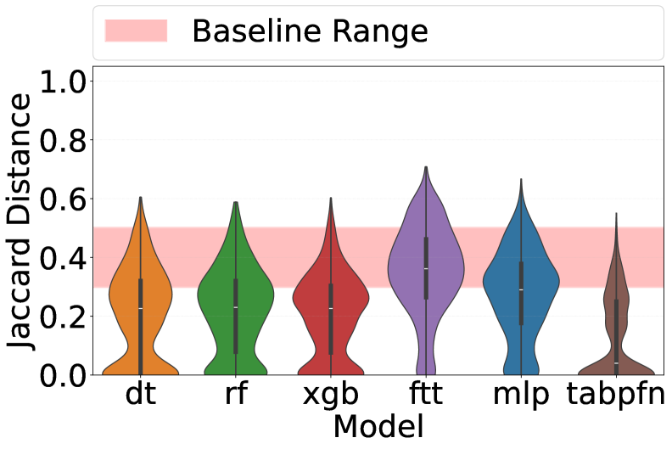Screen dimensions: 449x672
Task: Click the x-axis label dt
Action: point(140,396)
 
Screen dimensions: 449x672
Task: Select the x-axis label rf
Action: point(236,396)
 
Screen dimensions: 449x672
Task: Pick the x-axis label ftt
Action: point(426,396)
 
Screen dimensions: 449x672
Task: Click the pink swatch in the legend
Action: point(136,31)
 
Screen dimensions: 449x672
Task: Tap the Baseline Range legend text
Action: point(310,31)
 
